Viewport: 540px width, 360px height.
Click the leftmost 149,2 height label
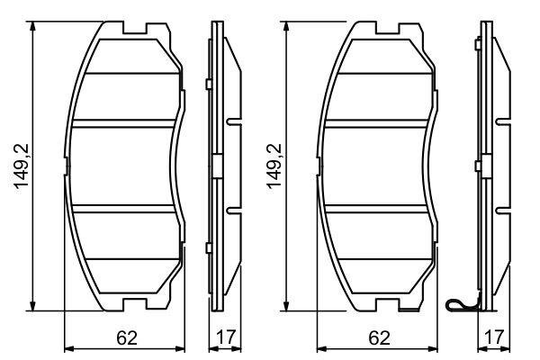(20, 166)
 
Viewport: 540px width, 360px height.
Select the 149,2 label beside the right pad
(272, 166)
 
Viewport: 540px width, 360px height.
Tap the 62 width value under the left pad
(127, 338)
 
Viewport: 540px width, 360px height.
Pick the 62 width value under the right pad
(379, 338)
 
